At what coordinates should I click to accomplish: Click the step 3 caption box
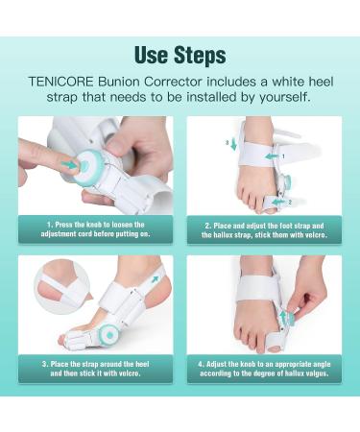click(x=95, y=369)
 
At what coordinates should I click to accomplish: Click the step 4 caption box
click(x=264, y=369)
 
